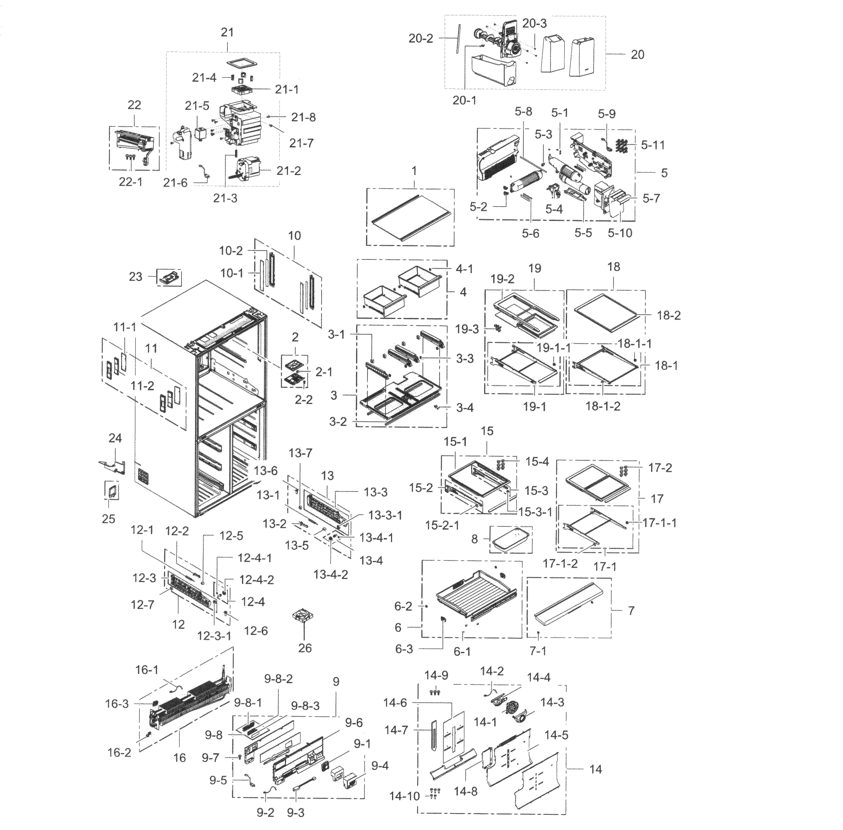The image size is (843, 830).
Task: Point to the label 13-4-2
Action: point(331,574)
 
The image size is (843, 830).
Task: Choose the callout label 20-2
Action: point(420,38)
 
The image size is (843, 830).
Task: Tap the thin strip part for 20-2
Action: point(456,39)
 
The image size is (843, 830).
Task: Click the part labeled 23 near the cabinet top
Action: point(169,277)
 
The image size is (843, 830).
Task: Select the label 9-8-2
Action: point(279,679)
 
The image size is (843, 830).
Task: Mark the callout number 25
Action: point(109,519)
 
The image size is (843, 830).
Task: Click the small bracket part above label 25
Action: point(112,491)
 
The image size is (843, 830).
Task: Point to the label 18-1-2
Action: point(602,406)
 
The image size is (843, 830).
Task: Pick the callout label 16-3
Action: point(117,703)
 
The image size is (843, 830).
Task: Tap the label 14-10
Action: point(404,796)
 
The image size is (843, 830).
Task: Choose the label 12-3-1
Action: point(214,636)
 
